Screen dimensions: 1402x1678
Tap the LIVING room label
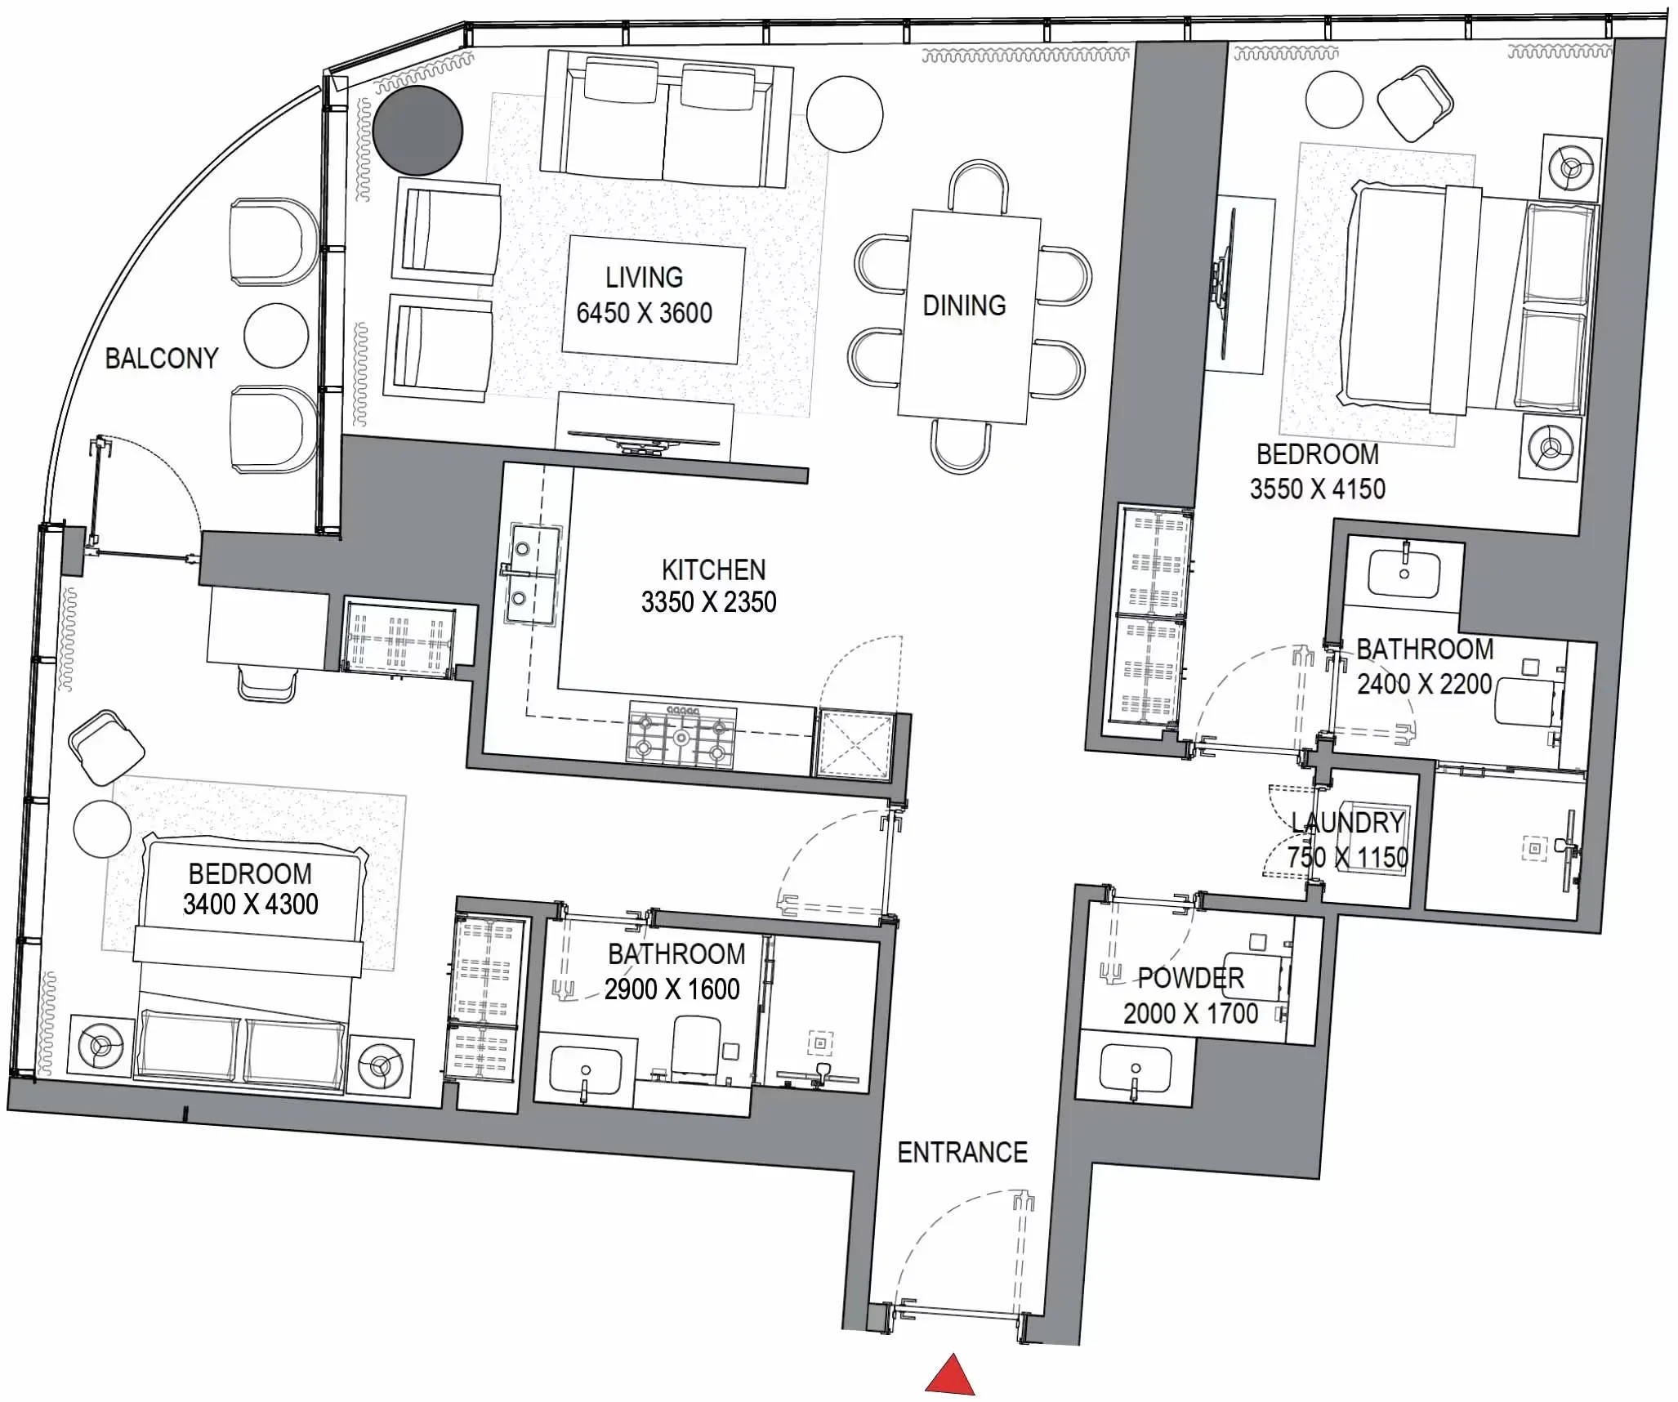pos(644,278)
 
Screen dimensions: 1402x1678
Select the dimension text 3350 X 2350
pos(708,603)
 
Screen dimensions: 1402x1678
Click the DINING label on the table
pos(964,306)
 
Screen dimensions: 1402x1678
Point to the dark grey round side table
pos(418,131)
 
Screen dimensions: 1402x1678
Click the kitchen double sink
pos(533,575)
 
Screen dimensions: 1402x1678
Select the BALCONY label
pos(162,359)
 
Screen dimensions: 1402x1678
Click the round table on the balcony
pos(276,336)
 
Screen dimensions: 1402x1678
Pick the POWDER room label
pos(1190,978)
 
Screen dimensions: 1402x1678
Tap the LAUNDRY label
pos(1348,823)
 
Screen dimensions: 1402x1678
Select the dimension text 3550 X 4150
pos(1317,489)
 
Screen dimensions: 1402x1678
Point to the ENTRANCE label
pos(962,1153)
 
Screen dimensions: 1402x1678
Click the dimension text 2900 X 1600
pos(672,990)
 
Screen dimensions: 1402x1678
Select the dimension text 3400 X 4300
pos(250,905)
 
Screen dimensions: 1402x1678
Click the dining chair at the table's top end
pos(978,185)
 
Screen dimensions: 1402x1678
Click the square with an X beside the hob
pos(854,743)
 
